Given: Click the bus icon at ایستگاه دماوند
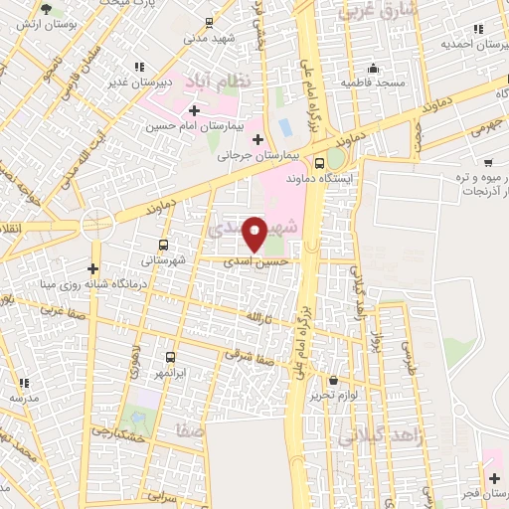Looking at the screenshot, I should pyautogui.click(x=319, y=163).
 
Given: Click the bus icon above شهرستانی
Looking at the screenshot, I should pyautogui.click(x=163, y=244).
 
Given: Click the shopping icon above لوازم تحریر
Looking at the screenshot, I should pyautogui.click(x=333, y=379).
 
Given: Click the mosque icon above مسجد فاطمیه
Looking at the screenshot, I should pyautogui.click(x=373, y=69).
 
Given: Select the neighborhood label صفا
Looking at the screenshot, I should pyautogui.click(x=186, y=430).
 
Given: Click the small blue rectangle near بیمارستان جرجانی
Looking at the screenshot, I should pyautogui.click(x=285, y=127).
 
